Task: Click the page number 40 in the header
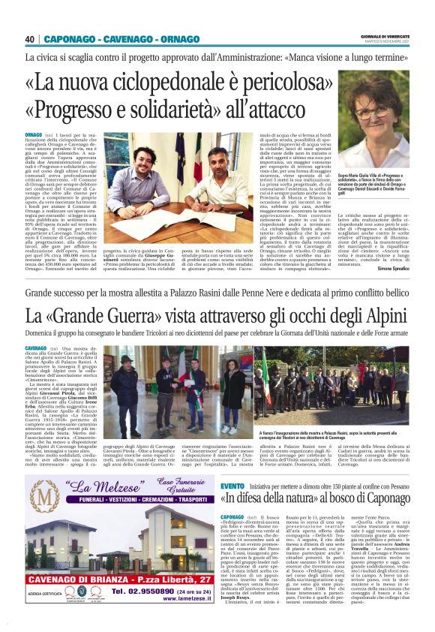(x=31, y=39)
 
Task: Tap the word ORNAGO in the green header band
(x=158, y=39)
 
